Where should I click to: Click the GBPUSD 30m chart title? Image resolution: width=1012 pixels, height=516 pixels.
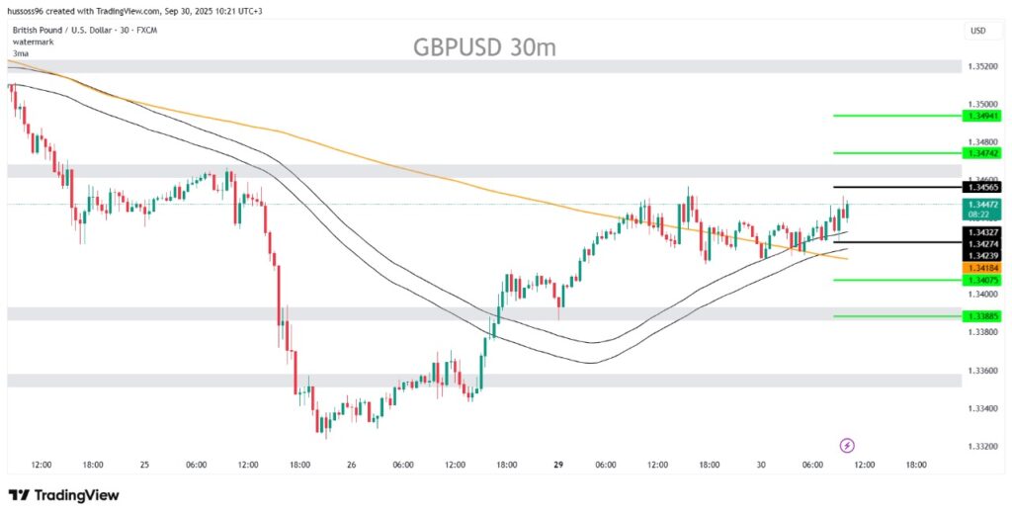pos(484,46)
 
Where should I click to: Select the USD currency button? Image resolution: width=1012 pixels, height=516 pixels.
pos(978,31)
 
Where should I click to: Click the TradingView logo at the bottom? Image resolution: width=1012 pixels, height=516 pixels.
pos(63,494)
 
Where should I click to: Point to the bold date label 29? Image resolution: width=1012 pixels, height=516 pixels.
pos(557,465)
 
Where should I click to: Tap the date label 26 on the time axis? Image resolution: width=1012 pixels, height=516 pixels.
pos(352,465)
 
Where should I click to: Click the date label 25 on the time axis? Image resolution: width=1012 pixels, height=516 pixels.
pos(144,465)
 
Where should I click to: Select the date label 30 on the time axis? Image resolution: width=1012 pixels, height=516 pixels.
pos(761,465)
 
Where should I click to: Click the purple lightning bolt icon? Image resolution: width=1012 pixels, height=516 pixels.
pos(846,446)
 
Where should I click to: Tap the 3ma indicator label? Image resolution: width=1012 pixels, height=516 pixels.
pos(21,52)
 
